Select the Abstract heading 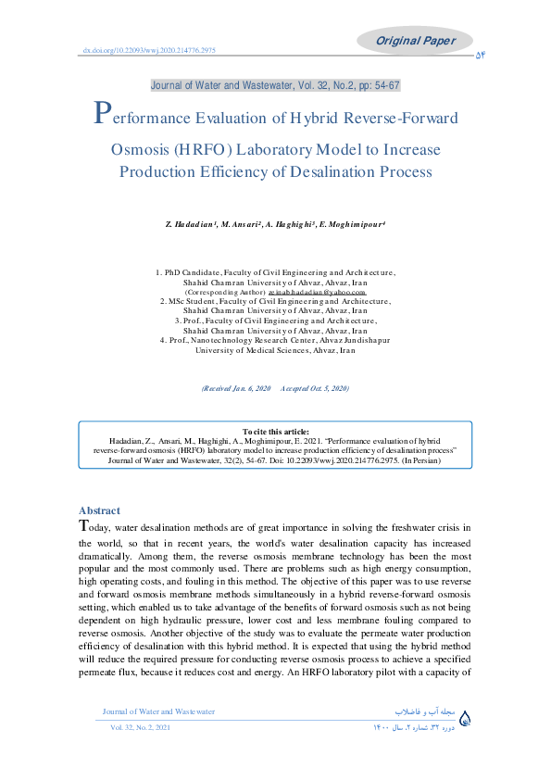99,510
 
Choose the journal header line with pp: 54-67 275,85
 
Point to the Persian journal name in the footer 424,711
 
